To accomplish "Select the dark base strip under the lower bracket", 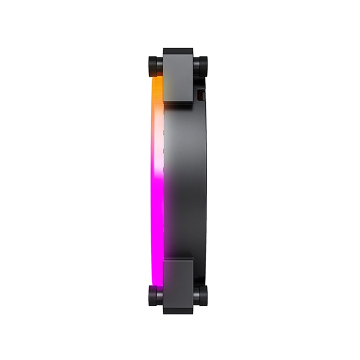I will pyautogui.click(x=178, y=311).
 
